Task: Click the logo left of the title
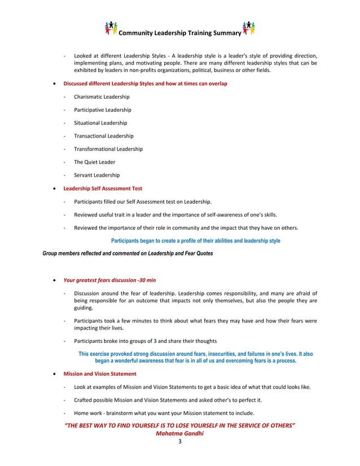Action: [112, 28]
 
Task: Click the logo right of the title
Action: [248, 28]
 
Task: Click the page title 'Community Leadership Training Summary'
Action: [180, 33]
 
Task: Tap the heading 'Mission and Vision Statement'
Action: [100, 374]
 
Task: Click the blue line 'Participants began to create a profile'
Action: [195, 241]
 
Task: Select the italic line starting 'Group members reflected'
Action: [128, 253]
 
